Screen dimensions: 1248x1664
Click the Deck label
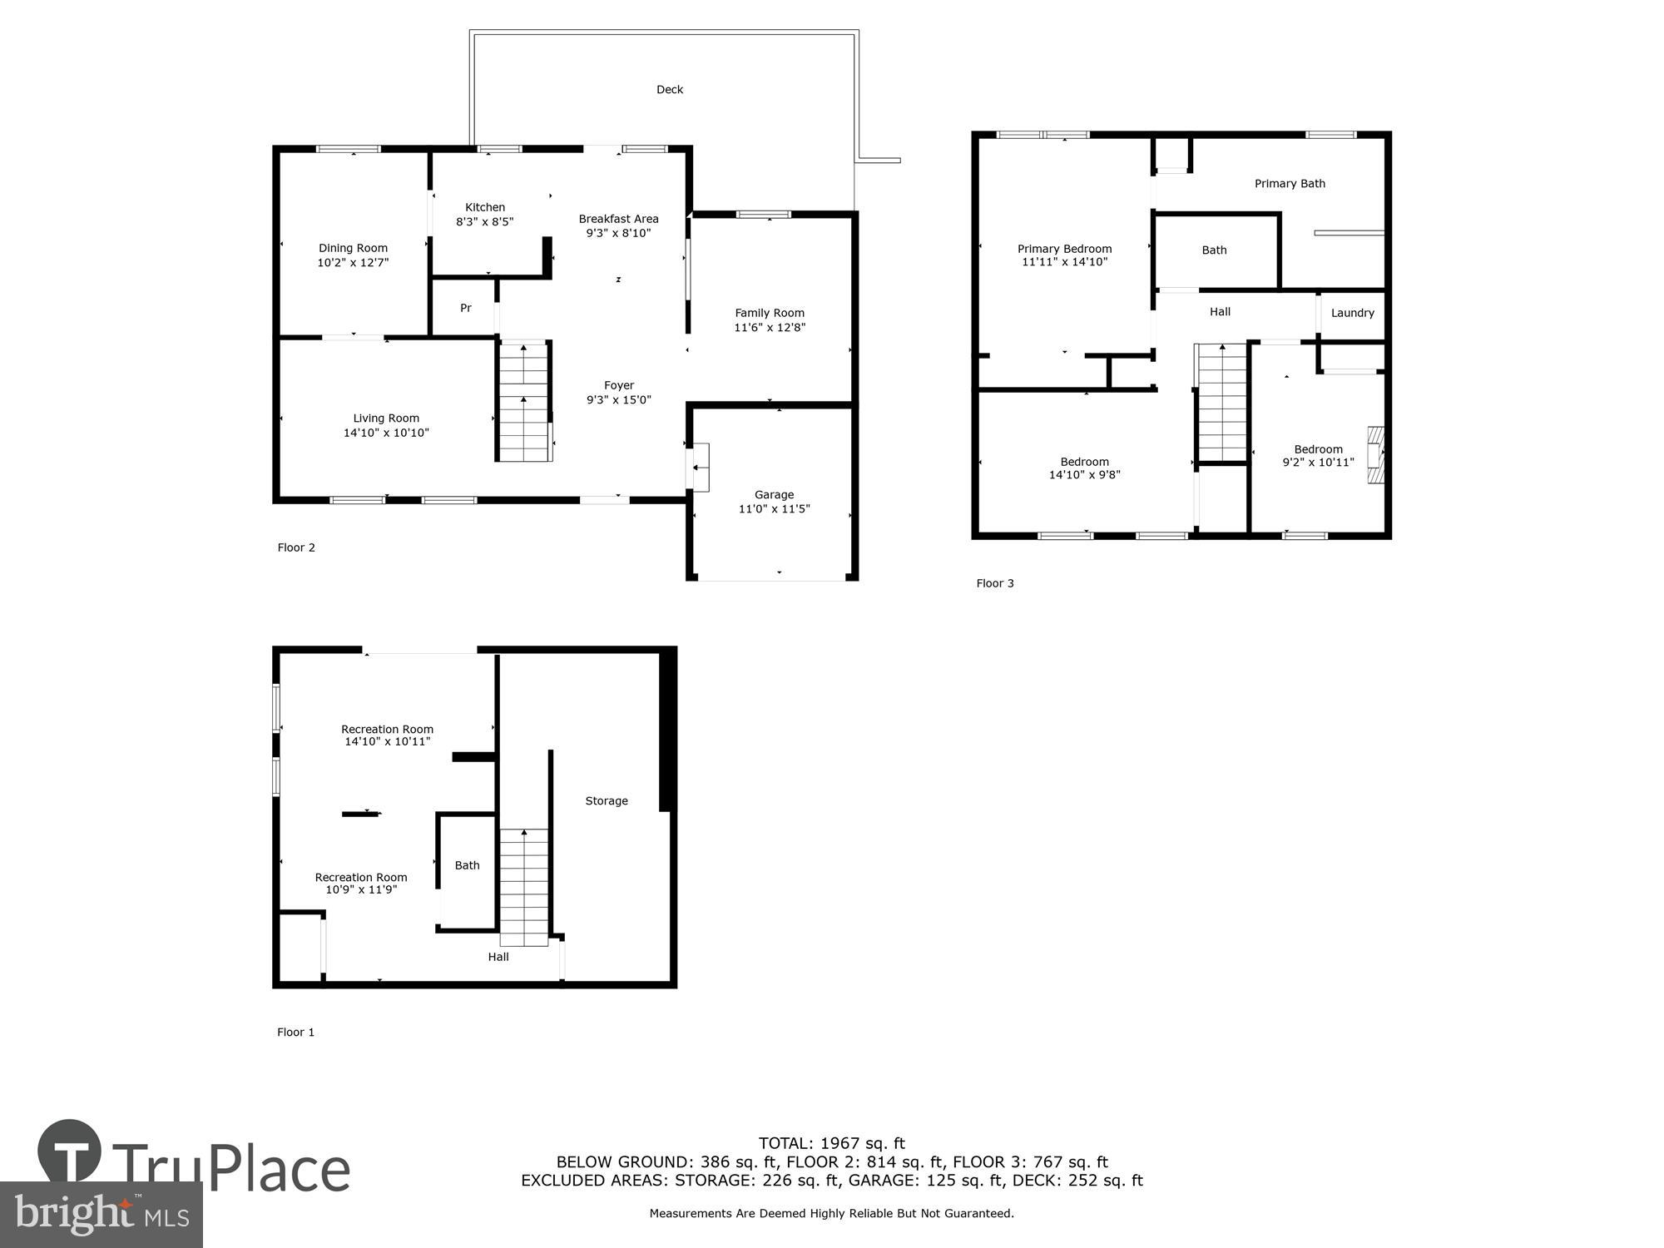669,90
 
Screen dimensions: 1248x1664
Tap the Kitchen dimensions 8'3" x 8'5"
484,222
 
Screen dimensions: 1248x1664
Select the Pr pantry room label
466,309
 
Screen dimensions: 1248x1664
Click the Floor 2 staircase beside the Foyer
524,401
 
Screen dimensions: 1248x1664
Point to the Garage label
774,495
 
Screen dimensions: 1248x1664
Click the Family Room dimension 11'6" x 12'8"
769,328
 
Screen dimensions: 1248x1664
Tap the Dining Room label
353,248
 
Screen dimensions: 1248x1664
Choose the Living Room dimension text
386,433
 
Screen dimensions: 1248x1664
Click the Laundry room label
1352,314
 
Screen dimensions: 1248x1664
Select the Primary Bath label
1290,184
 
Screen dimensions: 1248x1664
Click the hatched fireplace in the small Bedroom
1376,455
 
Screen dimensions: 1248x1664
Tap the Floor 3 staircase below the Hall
1222,402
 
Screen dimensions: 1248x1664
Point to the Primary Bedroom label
1064,249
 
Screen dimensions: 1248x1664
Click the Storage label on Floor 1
606,801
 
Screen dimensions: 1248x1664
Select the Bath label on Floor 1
467,865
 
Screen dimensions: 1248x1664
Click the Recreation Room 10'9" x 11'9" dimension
361,889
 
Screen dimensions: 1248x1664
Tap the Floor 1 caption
295,1033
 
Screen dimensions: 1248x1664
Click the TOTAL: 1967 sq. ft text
831,1143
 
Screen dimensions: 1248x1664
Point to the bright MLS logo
101,1215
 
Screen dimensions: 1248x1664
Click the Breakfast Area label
618,219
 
